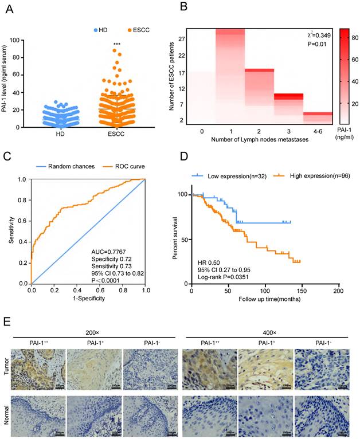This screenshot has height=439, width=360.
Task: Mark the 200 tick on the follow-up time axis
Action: click(338, 291)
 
